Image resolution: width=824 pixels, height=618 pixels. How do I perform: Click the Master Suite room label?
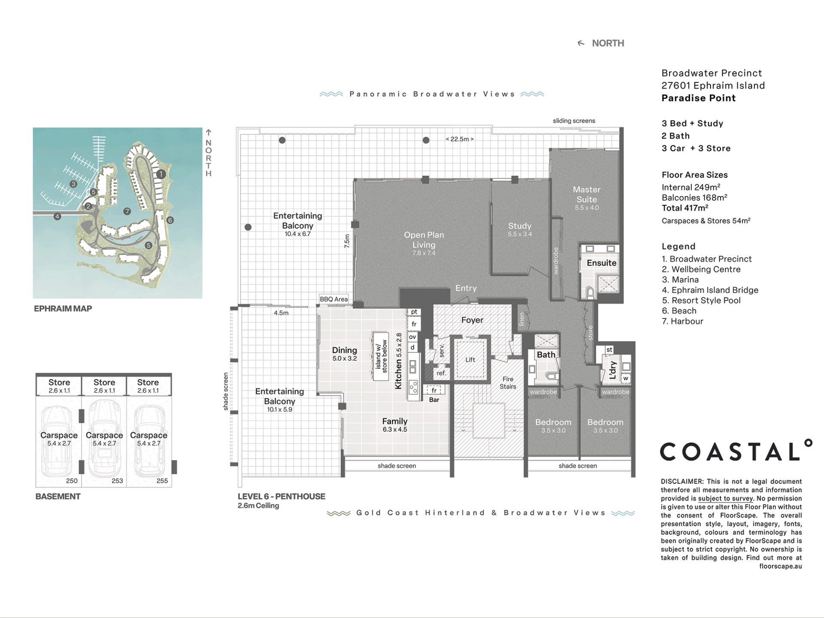click(587, 194)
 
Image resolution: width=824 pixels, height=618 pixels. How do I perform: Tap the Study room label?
click(520, 226)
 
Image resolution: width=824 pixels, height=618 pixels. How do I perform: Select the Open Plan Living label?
click(424, 240)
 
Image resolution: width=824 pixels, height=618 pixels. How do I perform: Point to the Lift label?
click(470, 360)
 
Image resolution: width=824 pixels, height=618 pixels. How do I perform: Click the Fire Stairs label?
click(508, 383)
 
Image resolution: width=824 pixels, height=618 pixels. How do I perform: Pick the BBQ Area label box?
click(334, 299)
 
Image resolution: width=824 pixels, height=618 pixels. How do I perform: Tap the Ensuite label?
click(602, 263)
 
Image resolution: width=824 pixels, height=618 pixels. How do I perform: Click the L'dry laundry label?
click(613, 370)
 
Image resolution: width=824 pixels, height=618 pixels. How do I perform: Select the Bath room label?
click(546, 355)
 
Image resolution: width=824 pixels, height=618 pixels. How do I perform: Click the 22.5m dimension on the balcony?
click(460, 139)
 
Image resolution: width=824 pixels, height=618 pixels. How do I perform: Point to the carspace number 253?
click(117, 481)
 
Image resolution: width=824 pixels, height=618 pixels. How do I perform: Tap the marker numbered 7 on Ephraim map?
click(127, 211)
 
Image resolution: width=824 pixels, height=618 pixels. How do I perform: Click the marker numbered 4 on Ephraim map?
click(58, 216)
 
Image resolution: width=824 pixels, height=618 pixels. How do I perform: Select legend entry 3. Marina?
click(680, 280)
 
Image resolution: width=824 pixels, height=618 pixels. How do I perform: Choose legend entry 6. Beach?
click(679, 311)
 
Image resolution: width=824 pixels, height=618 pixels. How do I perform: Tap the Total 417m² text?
click(685, 208)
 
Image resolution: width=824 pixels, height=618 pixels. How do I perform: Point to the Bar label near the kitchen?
click(434, 400)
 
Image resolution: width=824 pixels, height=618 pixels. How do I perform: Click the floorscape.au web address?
click(781, 566)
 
